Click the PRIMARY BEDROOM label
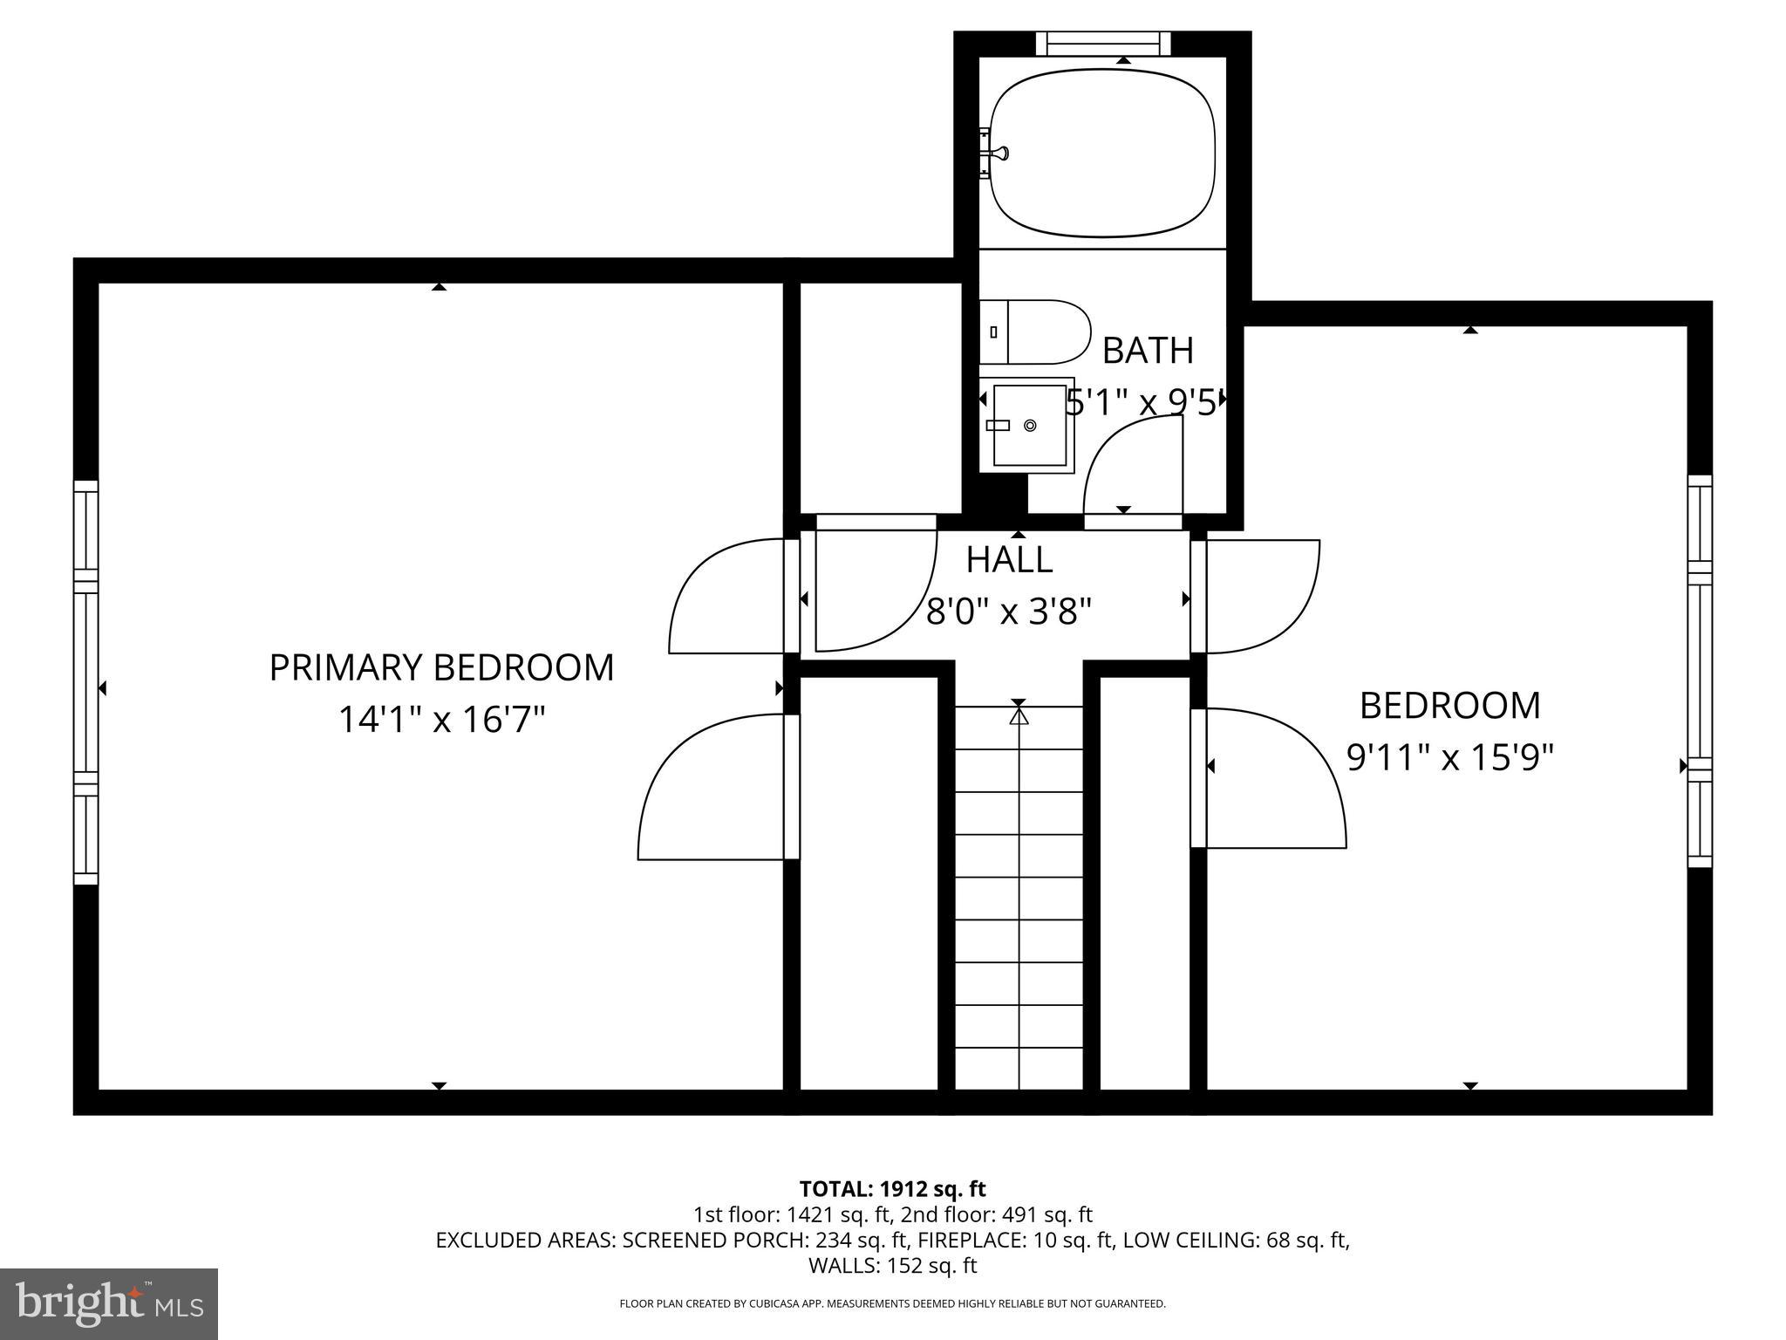[x=441, y=668]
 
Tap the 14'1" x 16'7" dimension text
[x=441, y=721]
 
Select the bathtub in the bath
[x=1102, y=154]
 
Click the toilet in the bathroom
[x=1036, y=332]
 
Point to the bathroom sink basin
[x=1029, y=425]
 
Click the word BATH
[x=1148, y=351]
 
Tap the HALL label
[x=1009, y=560]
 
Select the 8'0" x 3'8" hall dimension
[x=1009, y=612]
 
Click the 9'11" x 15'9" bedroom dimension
[x=1450, y=758]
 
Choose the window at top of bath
[x=1102, y=43]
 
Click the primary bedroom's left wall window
[x=85, y=682]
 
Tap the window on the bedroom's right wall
[x=1700, y=671]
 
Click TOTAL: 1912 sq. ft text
[x=892, y=1189]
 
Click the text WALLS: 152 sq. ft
[x=892, y=1266]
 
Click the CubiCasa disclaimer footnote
[x=892, y=1304]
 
